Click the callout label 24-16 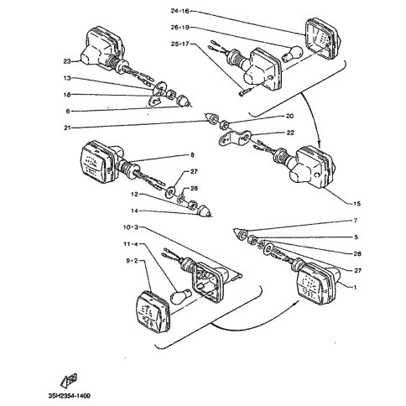coord(180,11)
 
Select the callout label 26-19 coord(180,28)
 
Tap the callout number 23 coord(67,61)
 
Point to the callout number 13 coord(67,78)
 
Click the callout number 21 coord(67,128)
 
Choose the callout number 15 coord(357,204)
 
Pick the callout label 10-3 coord(131,227)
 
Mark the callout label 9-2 coord(133,261)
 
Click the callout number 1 coord(356,287)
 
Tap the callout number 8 coord(192,155)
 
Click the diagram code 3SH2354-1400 coord(70,396)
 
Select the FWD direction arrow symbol coord(69,381)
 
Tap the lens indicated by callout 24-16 coord(322,39)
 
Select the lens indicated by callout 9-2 coord(154,312)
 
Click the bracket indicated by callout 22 coord(233,138)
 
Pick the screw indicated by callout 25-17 coord(244,92)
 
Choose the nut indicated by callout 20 coord(225,123)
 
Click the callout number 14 coord(134,211)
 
